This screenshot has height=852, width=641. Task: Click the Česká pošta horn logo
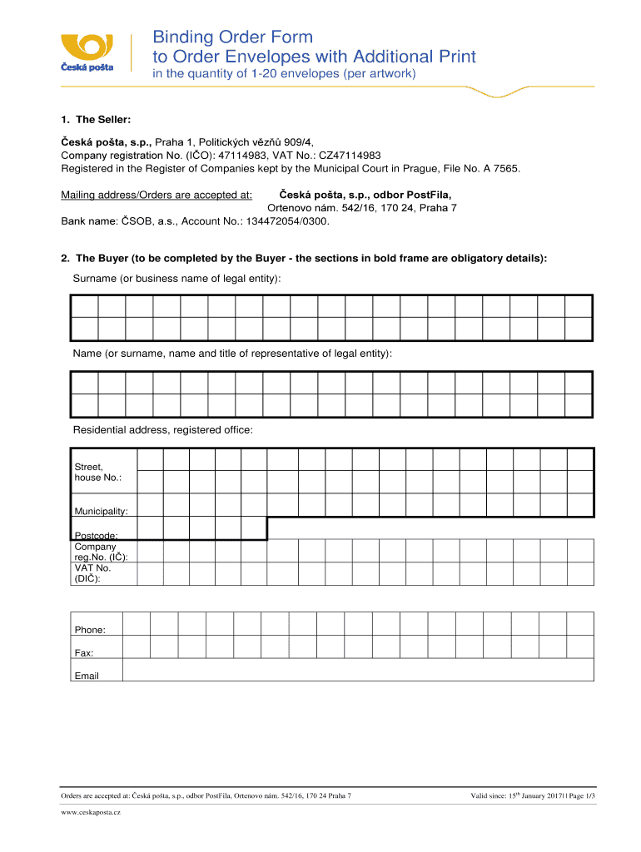(86, 45)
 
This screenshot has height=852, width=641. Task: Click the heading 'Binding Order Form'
(232, 37)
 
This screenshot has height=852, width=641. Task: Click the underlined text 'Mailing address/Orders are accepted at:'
(157, 195)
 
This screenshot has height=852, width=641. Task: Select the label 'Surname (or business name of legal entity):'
(176, 278)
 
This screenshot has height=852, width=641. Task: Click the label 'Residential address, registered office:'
(163, 430)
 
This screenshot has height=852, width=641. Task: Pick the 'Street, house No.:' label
(98, 473)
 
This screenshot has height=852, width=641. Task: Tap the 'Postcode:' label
(96, 536)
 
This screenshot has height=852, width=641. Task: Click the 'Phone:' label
(90, 630)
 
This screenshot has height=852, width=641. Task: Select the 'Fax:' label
(84, 653)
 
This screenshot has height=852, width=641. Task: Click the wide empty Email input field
(358, 670)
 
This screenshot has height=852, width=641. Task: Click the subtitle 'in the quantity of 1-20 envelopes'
(282, 75)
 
